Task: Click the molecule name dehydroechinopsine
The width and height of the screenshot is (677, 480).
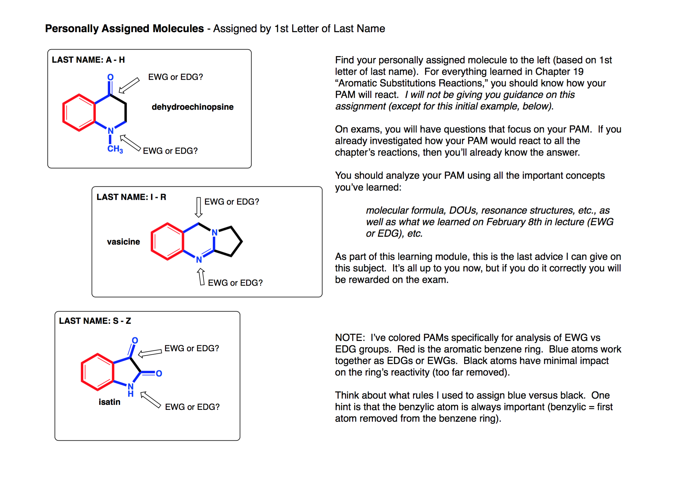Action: (x=192, y=107)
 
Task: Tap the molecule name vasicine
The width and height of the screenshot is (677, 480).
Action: (x=123, y=242)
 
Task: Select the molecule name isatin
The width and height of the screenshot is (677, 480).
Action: (x=110, y=402)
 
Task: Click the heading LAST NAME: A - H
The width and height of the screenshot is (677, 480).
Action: (x=88, y=60)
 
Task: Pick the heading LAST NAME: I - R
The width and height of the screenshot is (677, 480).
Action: (x=131, y=197)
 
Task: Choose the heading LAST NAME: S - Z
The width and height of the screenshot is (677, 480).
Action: (x=95, y=321)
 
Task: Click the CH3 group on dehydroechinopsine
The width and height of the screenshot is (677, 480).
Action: (x=115, y=149)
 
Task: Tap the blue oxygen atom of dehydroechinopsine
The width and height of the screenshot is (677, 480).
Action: (x=110, y=77)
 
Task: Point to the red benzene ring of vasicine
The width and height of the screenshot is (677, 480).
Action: (x=168, y=242)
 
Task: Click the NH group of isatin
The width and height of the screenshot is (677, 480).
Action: (x=131, y=390)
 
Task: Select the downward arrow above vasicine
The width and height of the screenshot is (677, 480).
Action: (x=198, y=207)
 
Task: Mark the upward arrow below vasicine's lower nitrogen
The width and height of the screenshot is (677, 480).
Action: (x=201, y=277)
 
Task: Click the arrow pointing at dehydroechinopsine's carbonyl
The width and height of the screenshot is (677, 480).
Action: (x=129, y=85)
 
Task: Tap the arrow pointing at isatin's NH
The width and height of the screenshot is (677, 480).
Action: (x=150, y=400)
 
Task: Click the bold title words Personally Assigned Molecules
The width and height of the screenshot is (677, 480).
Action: (x=124, y=28)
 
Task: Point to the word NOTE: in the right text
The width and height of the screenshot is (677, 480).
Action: (x=350, y=338)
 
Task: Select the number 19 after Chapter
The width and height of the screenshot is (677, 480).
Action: (x=578, y=71)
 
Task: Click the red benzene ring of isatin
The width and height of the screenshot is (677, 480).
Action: (x=98, y=372)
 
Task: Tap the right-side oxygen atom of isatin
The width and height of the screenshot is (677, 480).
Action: (x=159, y=373)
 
